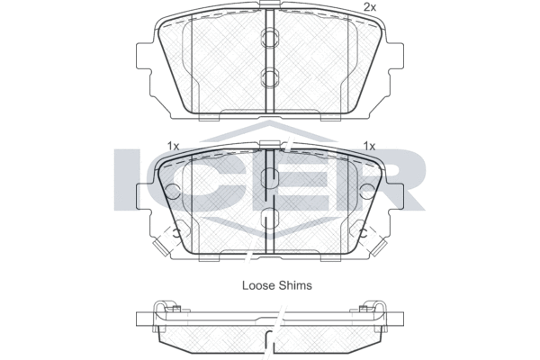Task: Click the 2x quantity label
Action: coord(370,7)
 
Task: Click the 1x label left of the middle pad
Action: coord(173,146)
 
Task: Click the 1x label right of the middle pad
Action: coord(369,146)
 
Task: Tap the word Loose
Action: coord(258,285)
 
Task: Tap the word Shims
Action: coord(295,285)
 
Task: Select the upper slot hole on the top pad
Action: coord(270,38)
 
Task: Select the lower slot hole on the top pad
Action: coord(270,77)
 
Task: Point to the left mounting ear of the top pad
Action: coord(144,56)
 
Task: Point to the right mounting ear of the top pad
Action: coord(396,56)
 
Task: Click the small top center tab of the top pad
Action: coord(270,4)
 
